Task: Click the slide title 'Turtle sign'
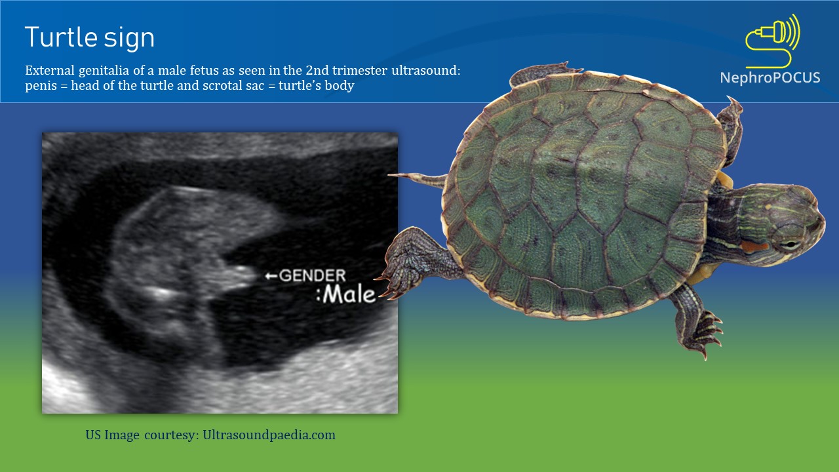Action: click(90, 38)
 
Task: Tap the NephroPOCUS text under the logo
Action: click(770, 77)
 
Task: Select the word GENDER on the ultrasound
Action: click(312, 276)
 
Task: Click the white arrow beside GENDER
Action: click(271, 276)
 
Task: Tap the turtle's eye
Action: click(791, 244)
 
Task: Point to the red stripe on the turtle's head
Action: click(754, 247)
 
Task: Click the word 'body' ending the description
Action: click(340, 86)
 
